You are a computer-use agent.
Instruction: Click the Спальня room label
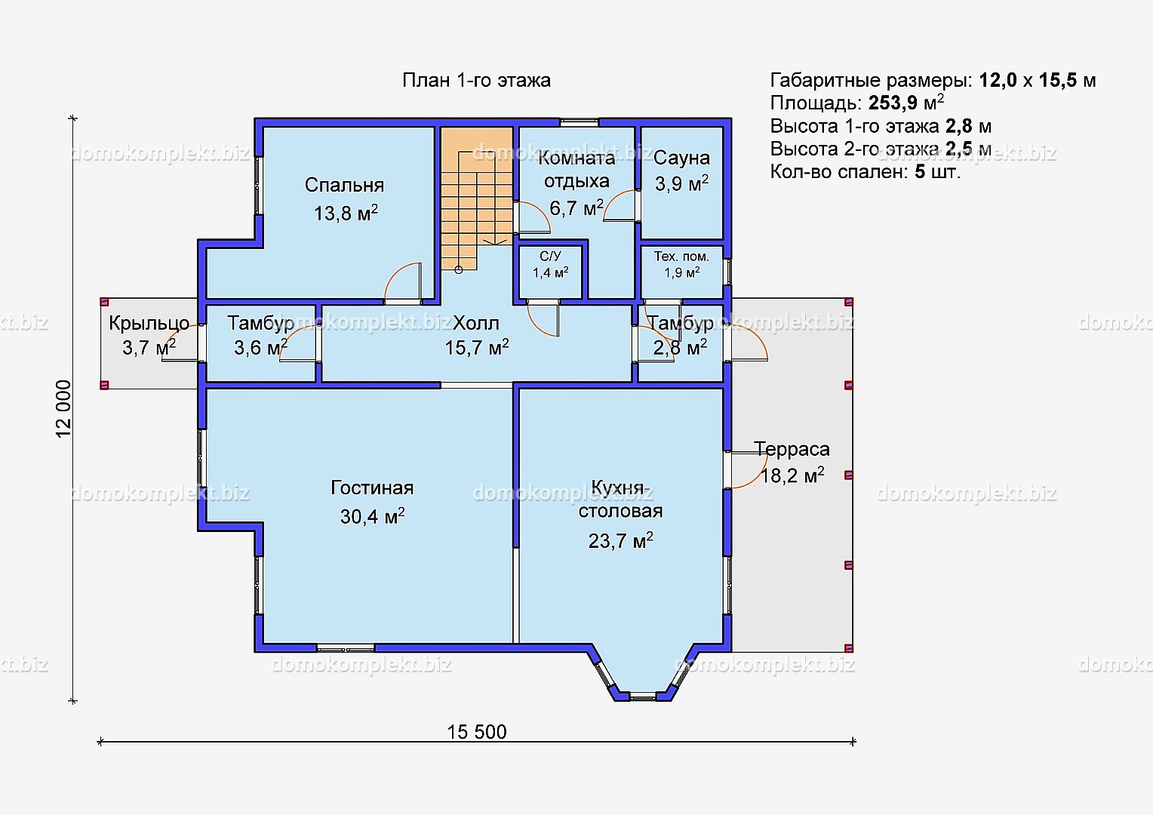pos(344,186)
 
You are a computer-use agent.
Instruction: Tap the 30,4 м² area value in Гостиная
pos(372,516)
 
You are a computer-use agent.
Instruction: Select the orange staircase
pos(477,198)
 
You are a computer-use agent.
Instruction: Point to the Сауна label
pos(681,158)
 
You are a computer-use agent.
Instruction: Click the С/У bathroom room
pos(550,272)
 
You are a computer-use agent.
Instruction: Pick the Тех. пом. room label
pos(681,257)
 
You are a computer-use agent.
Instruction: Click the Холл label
pos(476,323)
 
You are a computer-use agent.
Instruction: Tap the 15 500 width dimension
pos(477,731)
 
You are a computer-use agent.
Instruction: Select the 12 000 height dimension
pos(63,409)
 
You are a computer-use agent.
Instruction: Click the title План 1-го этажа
pos(476,80)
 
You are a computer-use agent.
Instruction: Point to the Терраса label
pos(792,450)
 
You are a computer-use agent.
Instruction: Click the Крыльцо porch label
pos(149,323)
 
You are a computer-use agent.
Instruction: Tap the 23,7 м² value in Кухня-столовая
pos(621,540)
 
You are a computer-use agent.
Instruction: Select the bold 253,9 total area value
pos(893,103)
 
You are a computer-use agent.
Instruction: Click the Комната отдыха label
pos(576,169)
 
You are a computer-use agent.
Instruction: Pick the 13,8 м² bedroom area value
pos(346,213)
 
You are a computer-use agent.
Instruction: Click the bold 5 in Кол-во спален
pos(919,172)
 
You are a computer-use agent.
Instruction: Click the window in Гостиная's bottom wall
pos(346,648)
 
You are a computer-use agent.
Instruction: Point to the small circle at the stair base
pos(459,269)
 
